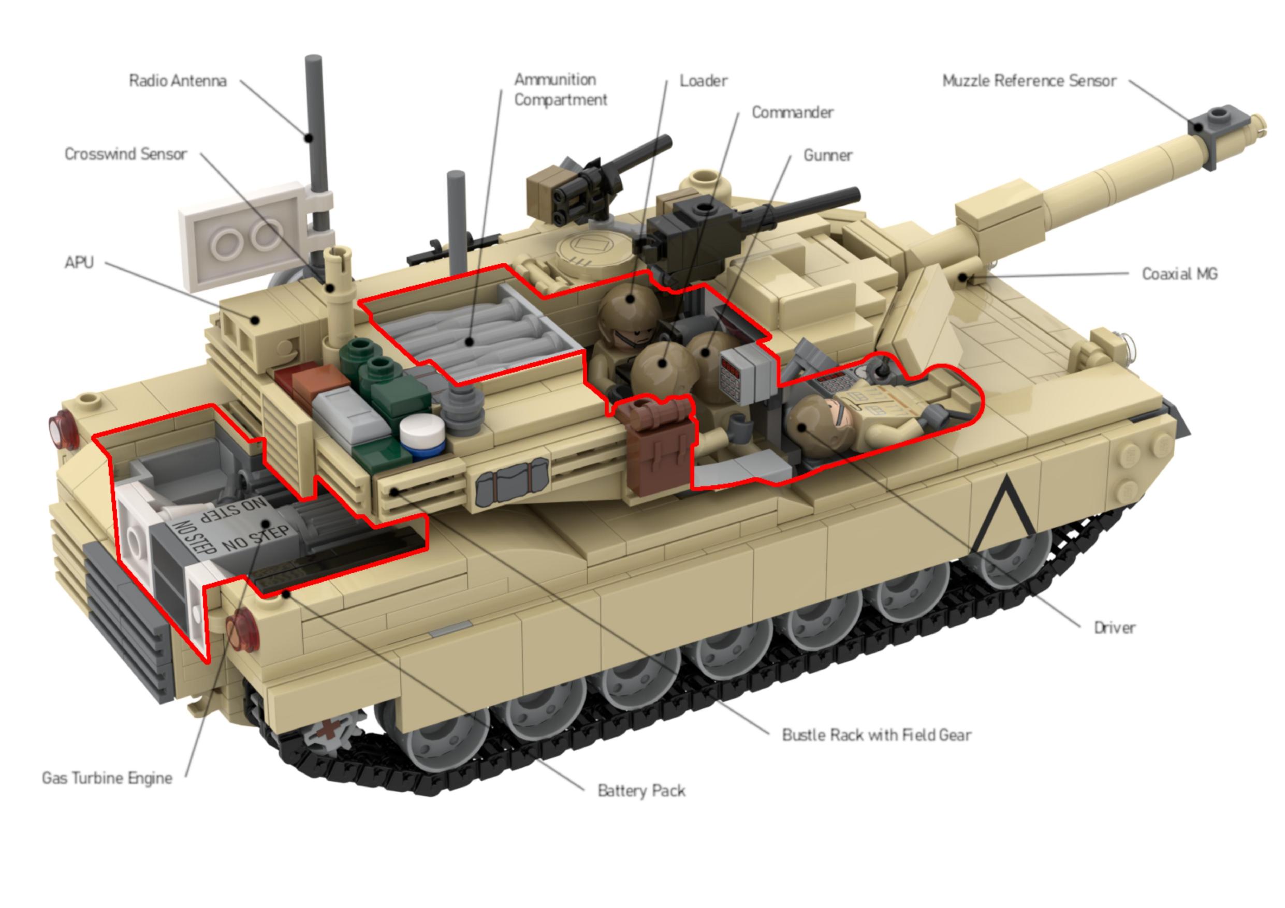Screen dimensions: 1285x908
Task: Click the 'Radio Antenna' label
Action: point(178,81)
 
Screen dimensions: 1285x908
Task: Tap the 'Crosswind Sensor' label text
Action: point(125,154)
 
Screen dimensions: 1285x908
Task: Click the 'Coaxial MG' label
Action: point(1179,274)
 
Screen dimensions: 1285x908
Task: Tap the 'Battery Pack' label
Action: point(641,791)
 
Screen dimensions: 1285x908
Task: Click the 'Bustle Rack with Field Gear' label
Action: point(876,735)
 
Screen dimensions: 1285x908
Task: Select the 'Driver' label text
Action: point(1114,628)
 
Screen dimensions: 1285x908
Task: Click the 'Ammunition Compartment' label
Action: point(560,90)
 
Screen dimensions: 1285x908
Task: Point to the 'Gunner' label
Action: point(828,155)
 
